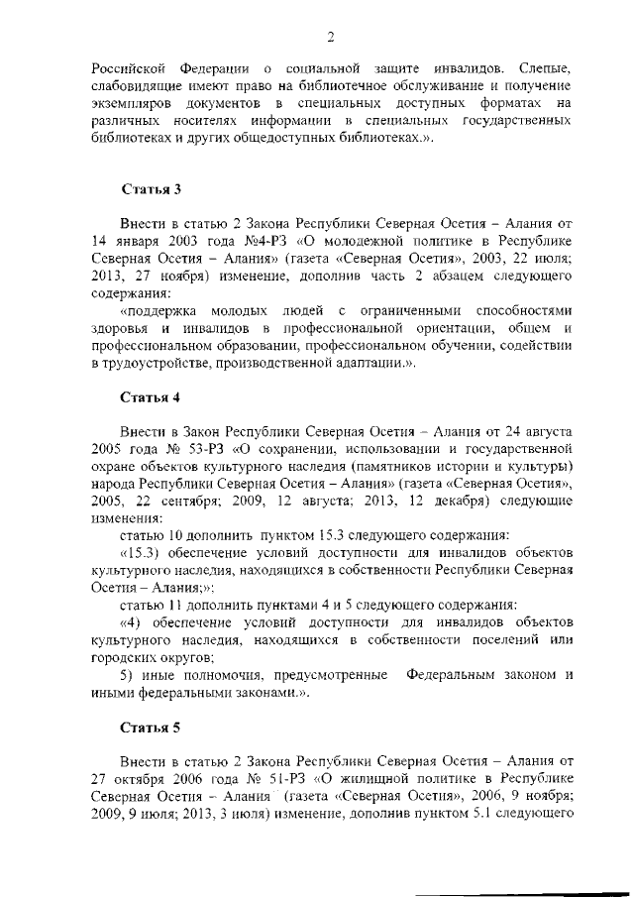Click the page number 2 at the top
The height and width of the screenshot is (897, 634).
(x=331, y=37)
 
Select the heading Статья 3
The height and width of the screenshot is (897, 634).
(x=150, y=189)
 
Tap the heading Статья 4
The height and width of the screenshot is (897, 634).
(x=150, y=398)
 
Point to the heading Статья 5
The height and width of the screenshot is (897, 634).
(x=150, y=729)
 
